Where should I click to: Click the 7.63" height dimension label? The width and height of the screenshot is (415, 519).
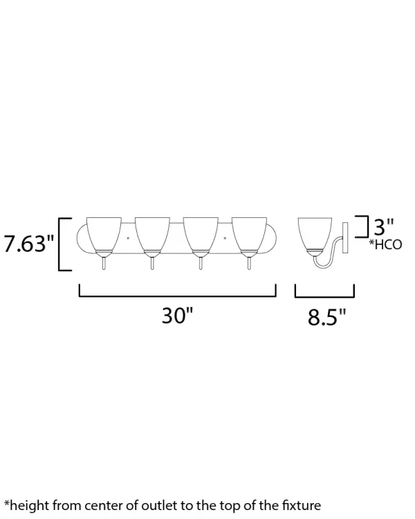coord(29,244)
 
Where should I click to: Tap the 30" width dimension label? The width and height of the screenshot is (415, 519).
coord(177,316)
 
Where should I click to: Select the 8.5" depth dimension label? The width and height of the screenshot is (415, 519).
coord(326,317)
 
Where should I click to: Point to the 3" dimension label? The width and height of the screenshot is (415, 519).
coord(384,226)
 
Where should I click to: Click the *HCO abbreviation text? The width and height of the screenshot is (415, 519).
coord(385,244)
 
